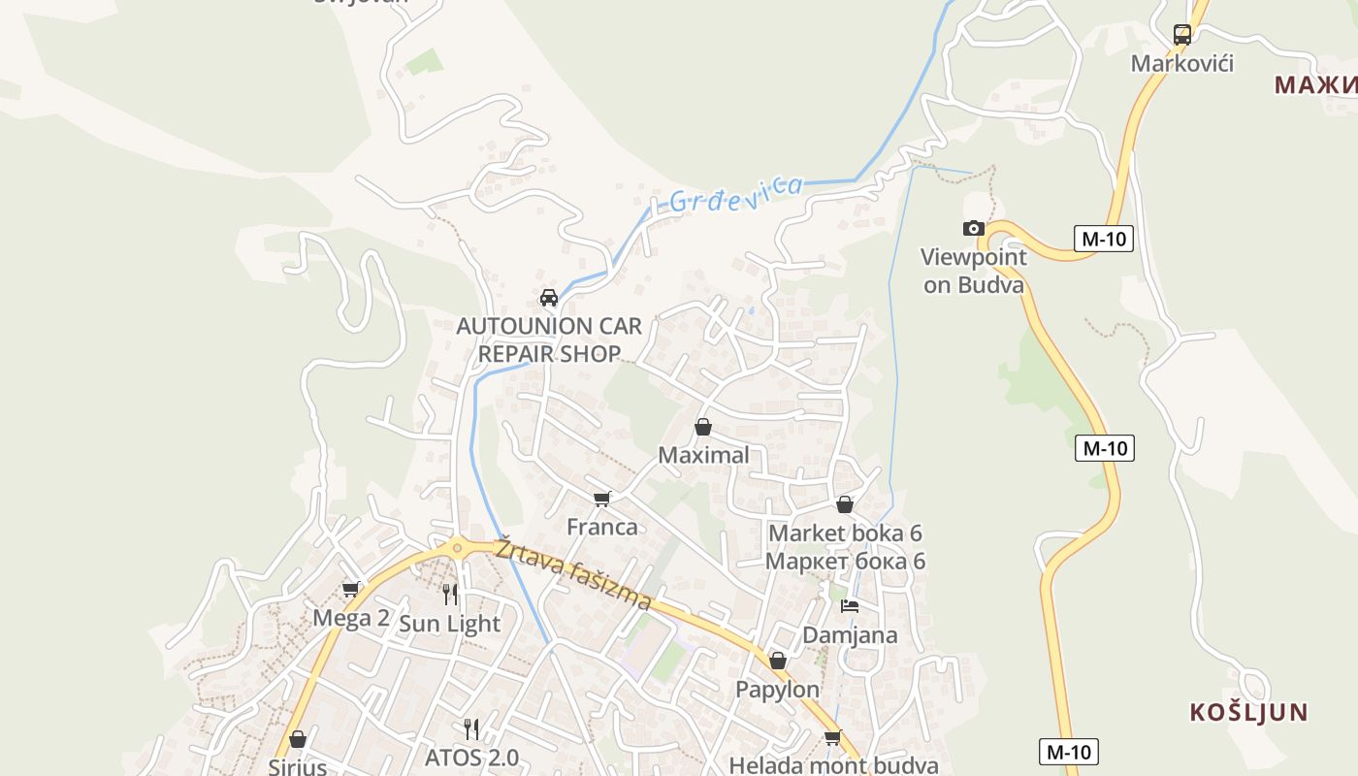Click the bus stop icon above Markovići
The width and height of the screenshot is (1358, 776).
[1182, 35]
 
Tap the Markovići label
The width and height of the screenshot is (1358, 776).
[1182, 64]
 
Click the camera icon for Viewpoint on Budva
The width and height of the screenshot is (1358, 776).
[973, 229]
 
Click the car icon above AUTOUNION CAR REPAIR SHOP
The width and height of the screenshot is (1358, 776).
[549, 298]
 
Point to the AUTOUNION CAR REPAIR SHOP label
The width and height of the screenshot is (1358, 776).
[550, 339]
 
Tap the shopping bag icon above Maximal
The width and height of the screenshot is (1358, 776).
[703, 427]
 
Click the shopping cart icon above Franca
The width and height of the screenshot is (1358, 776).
[602, 499]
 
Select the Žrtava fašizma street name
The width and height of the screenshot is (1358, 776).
[573, 574]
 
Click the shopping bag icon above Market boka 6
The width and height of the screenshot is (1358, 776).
[845, 504]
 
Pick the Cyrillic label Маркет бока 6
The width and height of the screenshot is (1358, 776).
[845, 562]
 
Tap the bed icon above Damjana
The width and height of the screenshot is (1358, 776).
[850, 606]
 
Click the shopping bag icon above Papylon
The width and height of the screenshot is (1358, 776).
[778, 662]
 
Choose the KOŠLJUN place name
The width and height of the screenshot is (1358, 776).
[1248, 712]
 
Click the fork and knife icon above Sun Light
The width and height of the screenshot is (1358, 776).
[450, 594]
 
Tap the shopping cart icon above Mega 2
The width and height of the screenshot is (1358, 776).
[351, 589]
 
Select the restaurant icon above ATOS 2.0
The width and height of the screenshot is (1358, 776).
[471, 728]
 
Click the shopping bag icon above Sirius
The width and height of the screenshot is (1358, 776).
[298, 740]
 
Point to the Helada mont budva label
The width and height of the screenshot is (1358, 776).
[833, 765]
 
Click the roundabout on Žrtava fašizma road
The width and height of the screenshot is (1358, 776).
[457, 548]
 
